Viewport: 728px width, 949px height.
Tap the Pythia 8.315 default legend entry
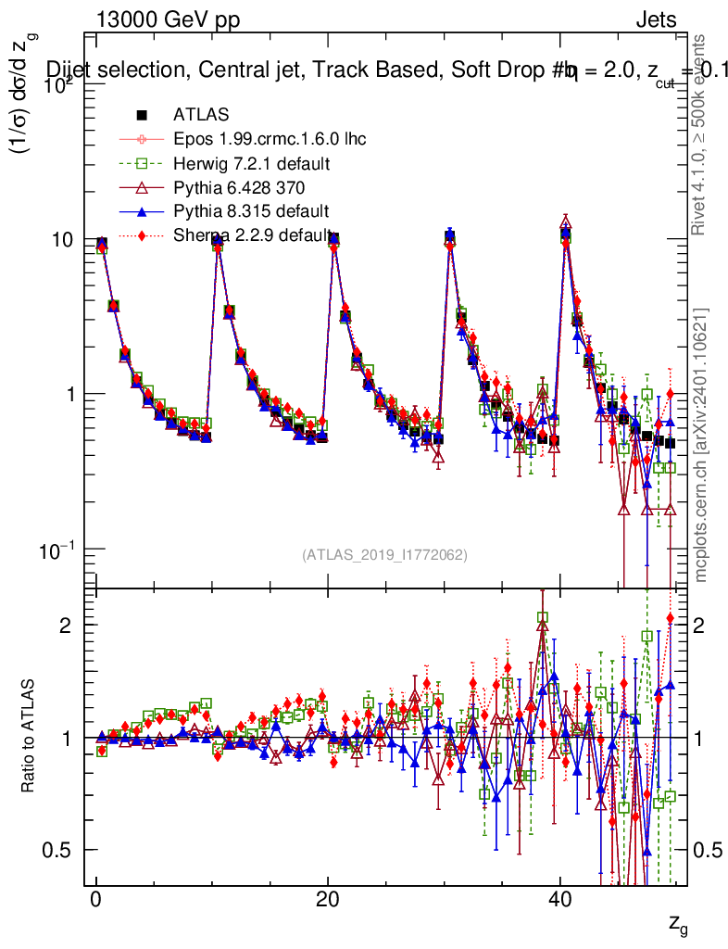(251, 211)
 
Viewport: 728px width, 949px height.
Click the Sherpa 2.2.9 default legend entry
(251, 235)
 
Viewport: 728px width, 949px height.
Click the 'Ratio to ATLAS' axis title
(31, 737)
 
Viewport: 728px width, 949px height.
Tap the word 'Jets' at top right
(655, 19)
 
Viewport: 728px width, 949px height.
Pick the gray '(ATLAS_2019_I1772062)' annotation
(384, 554)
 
